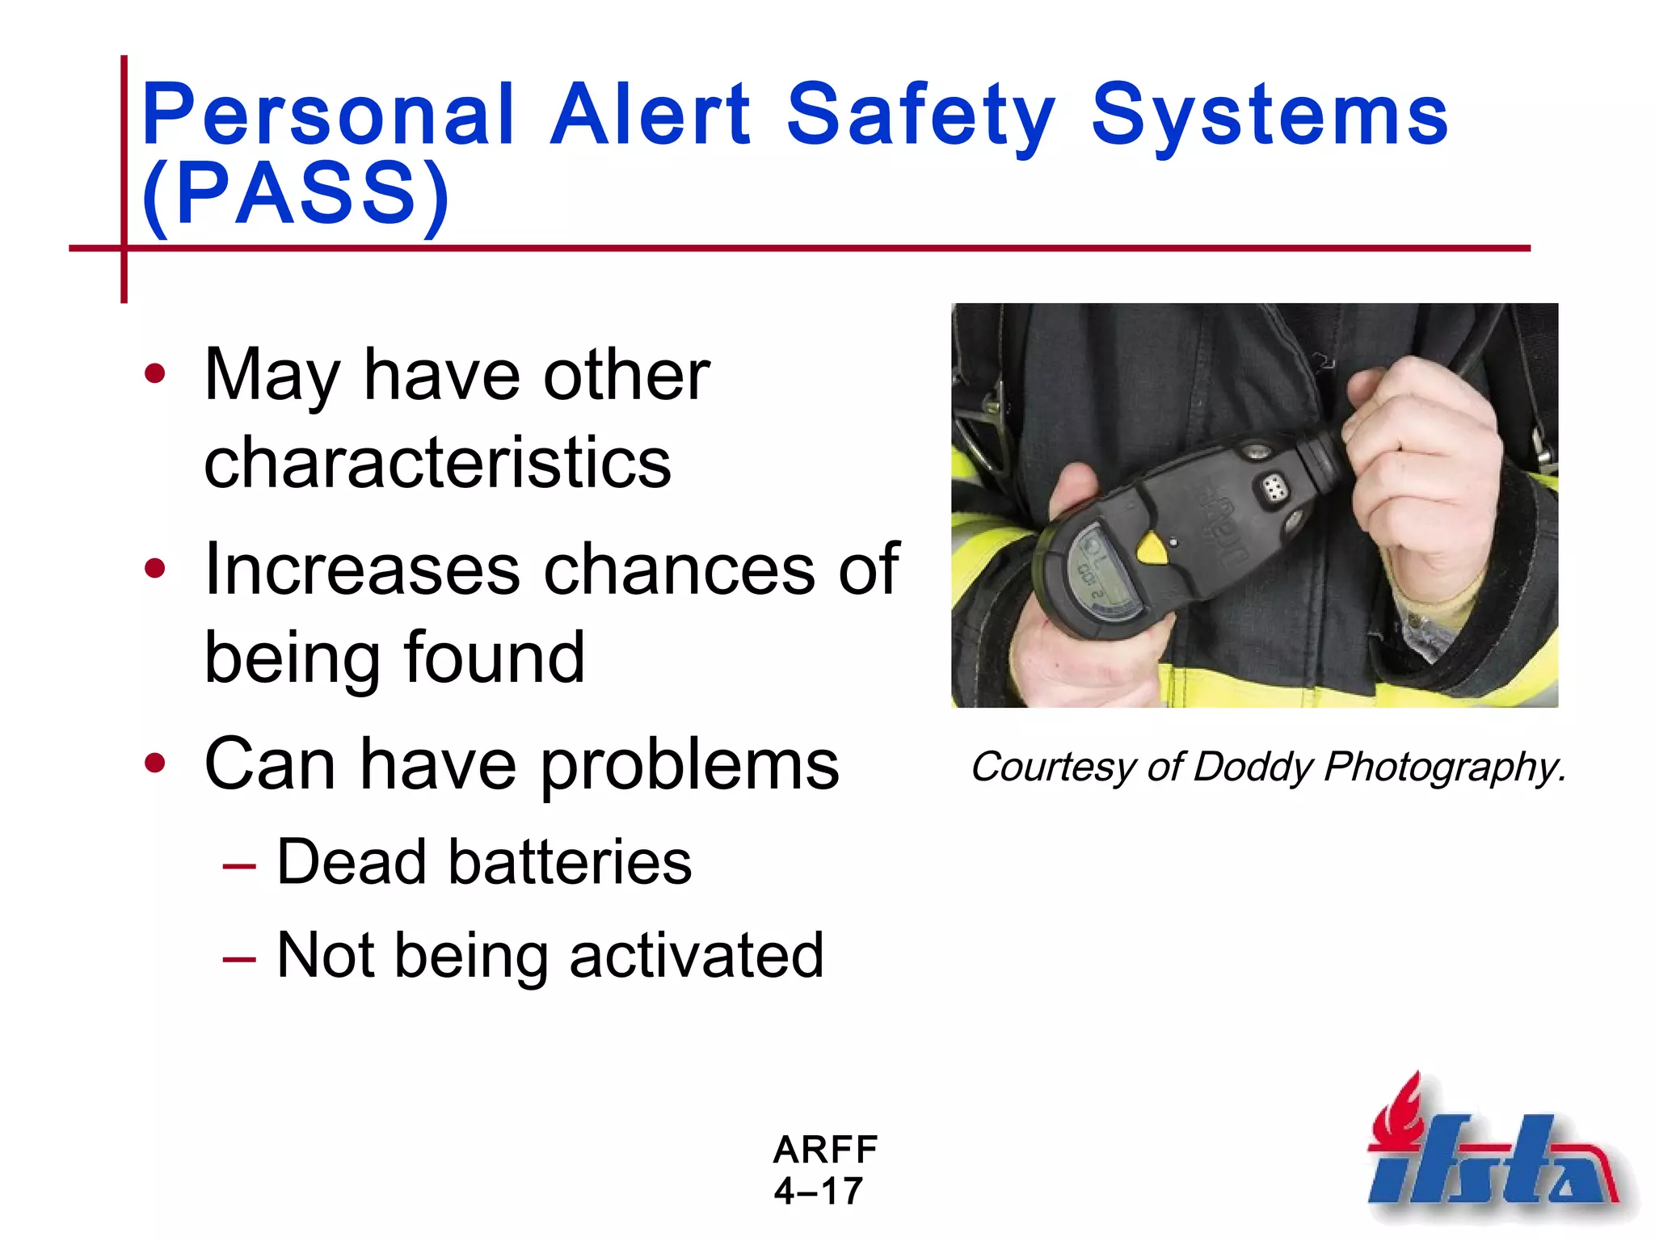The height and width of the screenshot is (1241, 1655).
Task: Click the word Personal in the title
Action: [x=327, y=116]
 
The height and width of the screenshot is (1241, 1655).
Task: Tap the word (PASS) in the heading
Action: [x=295, y=194]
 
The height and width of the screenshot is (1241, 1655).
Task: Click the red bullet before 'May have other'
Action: [x=154, y=373]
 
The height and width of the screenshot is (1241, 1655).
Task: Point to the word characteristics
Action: [x=437, y=462]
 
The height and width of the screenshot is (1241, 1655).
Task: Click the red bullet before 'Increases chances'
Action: [x=154, y=569]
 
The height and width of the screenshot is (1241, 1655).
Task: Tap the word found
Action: [x=494, y=657]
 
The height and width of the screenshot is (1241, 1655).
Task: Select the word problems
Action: [x=689, y=765]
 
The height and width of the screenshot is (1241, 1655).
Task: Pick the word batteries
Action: [x=570, y=862]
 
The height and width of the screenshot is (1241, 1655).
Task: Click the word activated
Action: [x=696, y=955]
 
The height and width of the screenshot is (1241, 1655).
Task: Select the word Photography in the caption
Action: [x=1442, y=768]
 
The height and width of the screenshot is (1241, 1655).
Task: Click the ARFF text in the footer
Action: [x=825, y=1150]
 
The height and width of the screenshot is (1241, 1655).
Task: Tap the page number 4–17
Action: [x=819, y=1191]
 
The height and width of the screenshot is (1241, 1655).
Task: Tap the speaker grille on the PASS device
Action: [x=1274, y=487]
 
